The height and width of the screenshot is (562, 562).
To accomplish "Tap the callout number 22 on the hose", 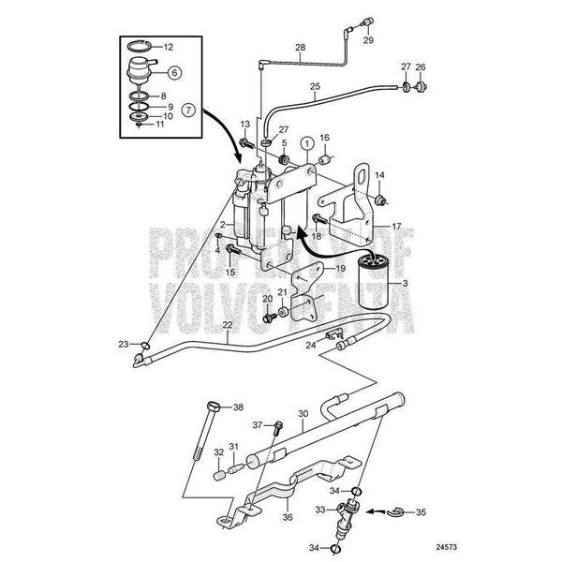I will tap(229, 324).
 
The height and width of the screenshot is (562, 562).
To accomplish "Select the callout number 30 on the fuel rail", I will tap(302, 413).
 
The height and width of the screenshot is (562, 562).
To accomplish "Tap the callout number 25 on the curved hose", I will tap(316, 87).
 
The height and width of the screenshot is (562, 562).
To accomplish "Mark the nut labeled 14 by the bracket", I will tap(381, 201).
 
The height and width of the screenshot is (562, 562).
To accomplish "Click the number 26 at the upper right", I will tap(421, 67).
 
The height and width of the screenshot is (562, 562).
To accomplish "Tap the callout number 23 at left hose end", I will tap(123, 345).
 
